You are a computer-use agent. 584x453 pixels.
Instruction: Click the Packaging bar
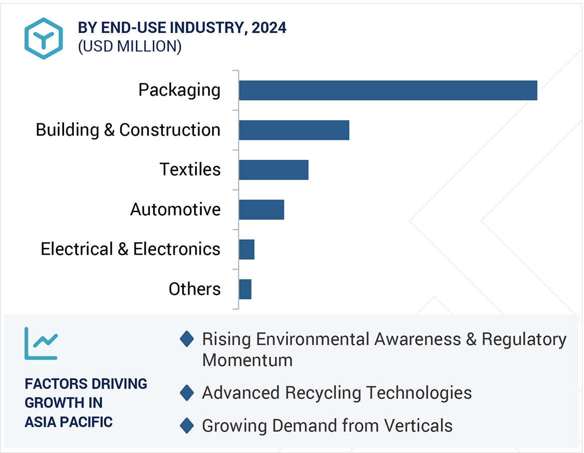(388, 90)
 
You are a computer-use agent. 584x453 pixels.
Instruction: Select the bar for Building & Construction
(294, 130)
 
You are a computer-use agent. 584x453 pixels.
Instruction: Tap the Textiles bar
(274, 170)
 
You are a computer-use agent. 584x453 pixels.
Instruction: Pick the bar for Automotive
(262, 209)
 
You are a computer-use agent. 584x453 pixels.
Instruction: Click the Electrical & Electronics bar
(247, 249)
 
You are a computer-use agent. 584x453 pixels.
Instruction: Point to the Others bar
(245, 289)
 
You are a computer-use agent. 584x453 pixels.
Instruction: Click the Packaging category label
(179, 90)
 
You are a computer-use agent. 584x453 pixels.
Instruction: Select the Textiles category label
(190, 170)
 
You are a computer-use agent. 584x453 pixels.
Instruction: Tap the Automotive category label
(175, 209)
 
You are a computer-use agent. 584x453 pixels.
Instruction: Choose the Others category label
(194, 289)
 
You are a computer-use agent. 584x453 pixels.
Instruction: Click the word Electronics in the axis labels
(177, 249)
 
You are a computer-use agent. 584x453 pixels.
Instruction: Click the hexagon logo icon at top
(43, 38)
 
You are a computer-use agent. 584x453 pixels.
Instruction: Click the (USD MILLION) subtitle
(129, 46)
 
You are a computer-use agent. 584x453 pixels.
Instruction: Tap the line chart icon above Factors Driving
(41, 344)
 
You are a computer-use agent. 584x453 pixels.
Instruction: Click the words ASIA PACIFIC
(68, 422)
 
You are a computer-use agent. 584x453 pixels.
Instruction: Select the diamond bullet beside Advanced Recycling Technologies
(187, 393)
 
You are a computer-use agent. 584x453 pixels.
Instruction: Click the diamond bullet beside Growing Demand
(187, 426)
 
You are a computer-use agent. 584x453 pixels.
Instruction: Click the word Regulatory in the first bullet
(524, 340)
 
